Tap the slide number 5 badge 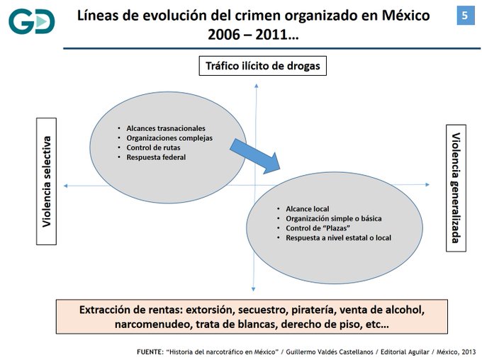tap(465, 16)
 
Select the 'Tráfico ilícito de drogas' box tap(263, 66)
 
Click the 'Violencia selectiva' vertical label tap(47, 181)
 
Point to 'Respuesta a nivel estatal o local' tap(338, 238)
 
